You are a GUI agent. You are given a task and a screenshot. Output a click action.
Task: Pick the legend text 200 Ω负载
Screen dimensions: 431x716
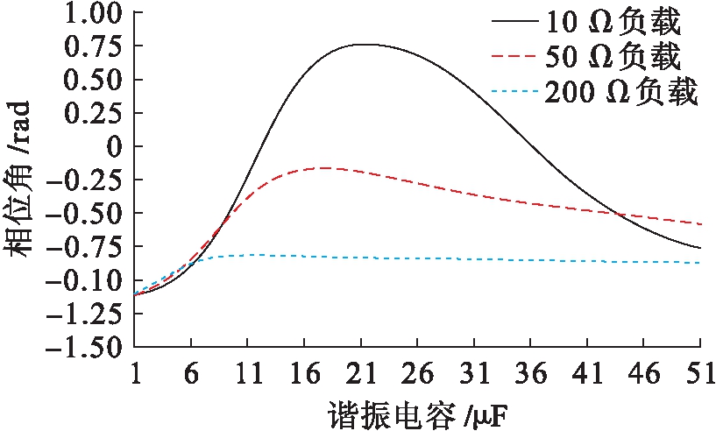click(x=620, y=92)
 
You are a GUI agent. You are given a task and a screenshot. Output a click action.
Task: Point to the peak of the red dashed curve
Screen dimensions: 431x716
click(x=324, y=167)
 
